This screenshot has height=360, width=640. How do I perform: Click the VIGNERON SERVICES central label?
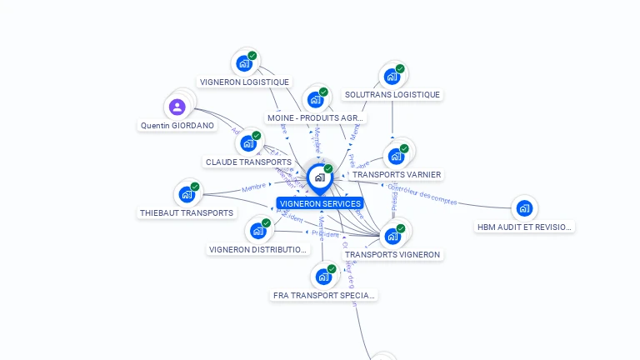(x=320, y=203)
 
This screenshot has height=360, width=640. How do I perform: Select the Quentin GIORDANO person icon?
(x=177, y=107)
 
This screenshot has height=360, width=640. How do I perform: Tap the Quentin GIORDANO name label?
(x=177, y=126)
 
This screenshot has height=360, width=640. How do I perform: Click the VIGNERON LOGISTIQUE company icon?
(x=244, y=63)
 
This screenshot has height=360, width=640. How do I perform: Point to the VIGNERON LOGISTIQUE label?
(x=245, y=82)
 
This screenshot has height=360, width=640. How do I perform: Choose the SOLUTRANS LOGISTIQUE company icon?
(x=392, y=76)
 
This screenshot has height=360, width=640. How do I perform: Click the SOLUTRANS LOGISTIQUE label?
(x=392, y=95)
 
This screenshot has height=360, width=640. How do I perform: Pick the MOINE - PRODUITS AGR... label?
(x=316, y=118)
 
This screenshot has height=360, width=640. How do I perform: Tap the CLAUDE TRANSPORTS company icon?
(x=247, y=143)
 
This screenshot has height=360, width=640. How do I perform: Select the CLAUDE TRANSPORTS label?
(x=248, y=162)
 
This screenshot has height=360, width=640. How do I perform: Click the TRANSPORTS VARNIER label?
(x=396, y=175)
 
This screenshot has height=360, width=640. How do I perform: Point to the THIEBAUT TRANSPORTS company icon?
(x=187, y=194)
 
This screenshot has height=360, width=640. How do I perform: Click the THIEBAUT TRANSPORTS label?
(x=187, y=212)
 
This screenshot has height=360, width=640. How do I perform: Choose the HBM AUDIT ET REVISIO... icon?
(x=524, y=208)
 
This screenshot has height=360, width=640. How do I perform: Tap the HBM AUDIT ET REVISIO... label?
(x=524, y=227)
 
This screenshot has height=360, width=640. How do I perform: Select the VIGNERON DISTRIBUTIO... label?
(x=258, y=249)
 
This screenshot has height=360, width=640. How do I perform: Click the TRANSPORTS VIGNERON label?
(x=392, y=254)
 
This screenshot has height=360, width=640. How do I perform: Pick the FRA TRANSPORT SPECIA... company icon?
(x=323, y=277)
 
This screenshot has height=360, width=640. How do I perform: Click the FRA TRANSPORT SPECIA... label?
(x=324, y=295)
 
